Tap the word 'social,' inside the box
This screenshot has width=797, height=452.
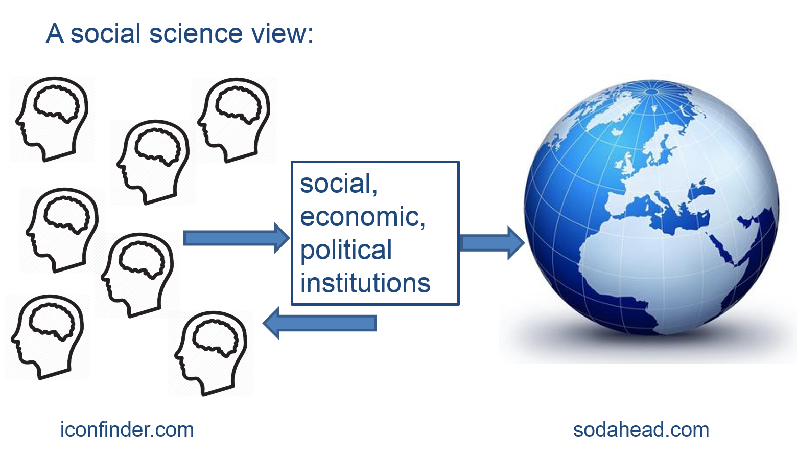(338, 184)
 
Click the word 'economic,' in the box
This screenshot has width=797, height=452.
(362, 217)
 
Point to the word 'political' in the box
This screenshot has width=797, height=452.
(346, 250)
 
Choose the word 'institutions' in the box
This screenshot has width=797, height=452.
(365, 283)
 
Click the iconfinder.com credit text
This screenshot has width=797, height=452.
(127, 430)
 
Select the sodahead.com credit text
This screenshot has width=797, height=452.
(641, 430)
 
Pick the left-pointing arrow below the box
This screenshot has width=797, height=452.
(320, 323)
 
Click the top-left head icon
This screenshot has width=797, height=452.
(52, 119)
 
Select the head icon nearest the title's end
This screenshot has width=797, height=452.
(234, 120)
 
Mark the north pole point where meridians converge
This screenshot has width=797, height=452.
(652, 92)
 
